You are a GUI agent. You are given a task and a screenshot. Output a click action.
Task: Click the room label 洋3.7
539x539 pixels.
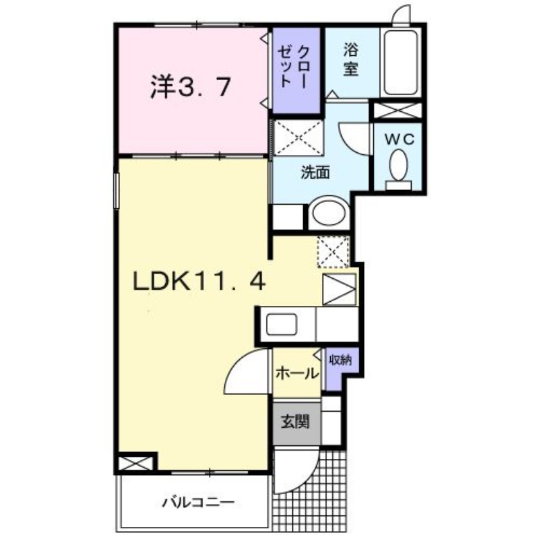point(190,87)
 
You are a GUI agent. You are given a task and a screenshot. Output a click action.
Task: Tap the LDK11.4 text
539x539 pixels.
point(199,281)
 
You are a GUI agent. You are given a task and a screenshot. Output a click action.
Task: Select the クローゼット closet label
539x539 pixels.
point(293,67)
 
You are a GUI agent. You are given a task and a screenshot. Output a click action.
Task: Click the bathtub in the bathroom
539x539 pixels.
point(401,63)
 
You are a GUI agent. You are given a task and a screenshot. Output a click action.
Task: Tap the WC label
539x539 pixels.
point(399,139)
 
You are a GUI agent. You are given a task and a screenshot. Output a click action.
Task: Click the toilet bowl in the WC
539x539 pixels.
point(398,165)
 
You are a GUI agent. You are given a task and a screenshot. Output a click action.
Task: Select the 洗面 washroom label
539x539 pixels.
point(315,172)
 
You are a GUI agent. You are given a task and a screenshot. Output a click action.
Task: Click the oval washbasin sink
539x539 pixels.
point(328,212)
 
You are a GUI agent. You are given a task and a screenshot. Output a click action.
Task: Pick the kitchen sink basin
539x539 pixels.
point(282,324)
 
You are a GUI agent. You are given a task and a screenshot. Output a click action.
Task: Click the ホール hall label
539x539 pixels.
point(297,373)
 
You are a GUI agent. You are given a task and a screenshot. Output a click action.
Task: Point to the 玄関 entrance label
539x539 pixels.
point(296,422)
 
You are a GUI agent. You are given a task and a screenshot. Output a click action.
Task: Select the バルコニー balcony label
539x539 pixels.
point(198,503)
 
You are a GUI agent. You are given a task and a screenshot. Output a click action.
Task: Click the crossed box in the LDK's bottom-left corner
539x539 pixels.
point(135,464)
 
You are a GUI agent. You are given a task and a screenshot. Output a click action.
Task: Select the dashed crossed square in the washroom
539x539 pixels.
point(298,137)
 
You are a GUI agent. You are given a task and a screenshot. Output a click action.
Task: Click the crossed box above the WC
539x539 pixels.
point(398,110)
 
